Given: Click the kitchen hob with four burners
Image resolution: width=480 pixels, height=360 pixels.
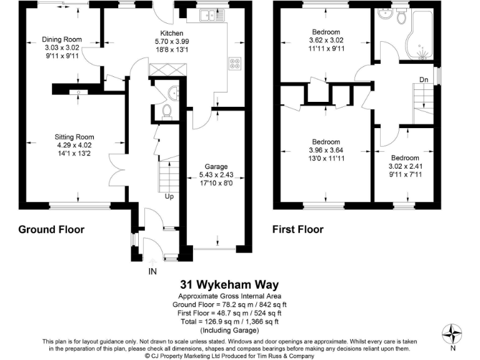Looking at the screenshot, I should (236, 63).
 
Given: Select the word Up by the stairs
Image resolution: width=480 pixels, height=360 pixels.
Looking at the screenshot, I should (169, 196).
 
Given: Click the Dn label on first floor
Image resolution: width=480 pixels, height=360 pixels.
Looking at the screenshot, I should (423, 79).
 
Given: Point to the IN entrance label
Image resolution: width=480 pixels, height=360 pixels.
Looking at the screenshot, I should (152, 271).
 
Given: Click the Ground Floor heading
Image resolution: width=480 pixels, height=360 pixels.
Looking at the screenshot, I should (51, 229).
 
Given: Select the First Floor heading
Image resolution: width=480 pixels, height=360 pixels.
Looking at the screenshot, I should (297, 229).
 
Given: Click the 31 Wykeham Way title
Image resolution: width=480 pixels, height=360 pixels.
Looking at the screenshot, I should (230, 283).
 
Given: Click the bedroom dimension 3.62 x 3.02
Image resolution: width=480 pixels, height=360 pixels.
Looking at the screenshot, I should (326, 41).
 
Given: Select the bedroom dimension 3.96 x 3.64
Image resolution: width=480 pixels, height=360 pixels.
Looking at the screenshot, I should (326, 150).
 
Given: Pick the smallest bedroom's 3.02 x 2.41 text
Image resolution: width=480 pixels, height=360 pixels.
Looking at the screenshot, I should (405, 166).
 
